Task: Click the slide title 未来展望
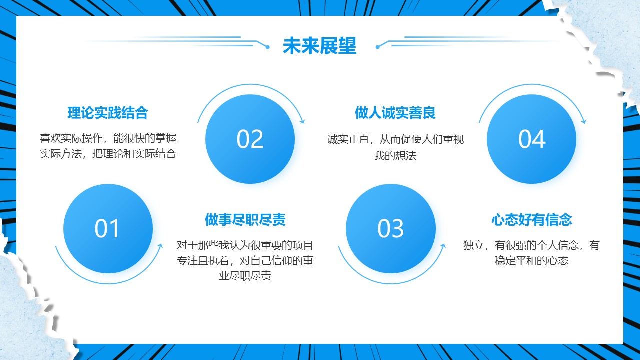click(x=319, y=46)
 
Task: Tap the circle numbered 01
click(x=108, y=229)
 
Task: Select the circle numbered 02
click(x=250, y=139)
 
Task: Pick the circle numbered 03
click(x=391, y=229)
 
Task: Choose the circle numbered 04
click(x=531, y=139)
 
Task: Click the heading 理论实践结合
click(x=107, y=113)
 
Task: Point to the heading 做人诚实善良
click(x=395, y=113)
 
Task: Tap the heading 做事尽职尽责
click(x=245, y=220)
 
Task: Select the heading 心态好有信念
click(x=532, y=220)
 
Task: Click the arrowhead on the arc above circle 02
click(x=303, y=121)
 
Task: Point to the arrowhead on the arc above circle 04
click(x=584, y=121)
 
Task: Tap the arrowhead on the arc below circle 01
click(x=160, y=246)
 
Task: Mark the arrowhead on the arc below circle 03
click(x=443, y=246)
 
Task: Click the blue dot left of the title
click(x=267, y=47)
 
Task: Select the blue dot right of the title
click(x=377, y=47)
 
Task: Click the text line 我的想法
click(x=395, y=155)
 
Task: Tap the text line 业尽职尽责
click(x=245, y=276)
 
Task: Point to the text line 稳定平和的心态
click(x=531, y=260)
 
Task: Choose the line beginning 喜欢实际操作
click(x=108, y=138)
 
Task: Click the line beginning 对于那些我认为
click(x=245, y=245)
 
